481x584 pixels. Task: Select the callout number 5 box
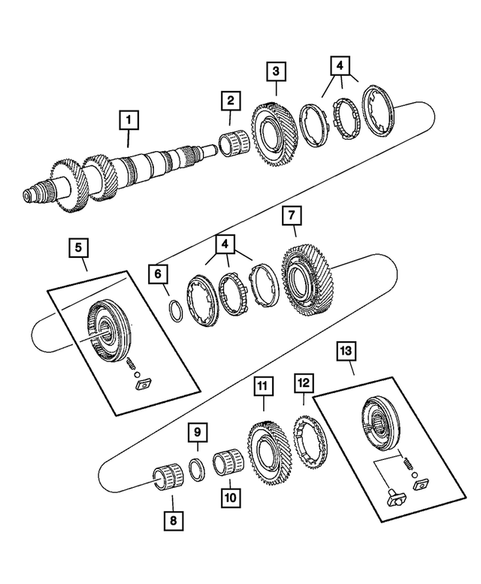coord(78,246)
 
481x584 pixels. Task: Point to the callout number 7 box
coord(291,216)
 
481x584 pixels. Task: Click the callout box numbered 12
coord(303,385)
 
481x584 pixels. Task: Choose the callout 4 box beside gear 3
coord(340,65)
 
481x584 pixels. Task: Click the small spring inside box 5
coord(133,365)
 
